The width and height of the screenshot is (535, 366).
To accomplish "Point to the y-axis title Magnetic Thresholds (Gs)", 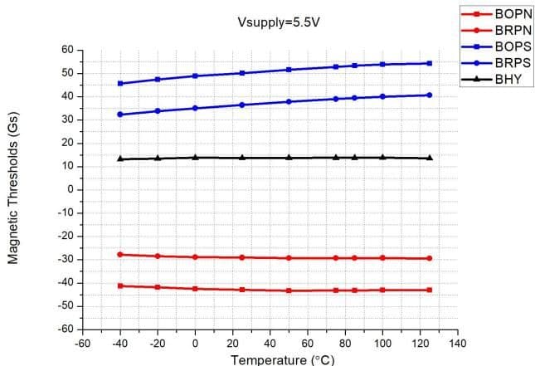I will pos(14,190).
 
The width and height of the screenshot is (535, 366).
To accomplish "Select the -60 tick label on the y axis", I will pos(66,329).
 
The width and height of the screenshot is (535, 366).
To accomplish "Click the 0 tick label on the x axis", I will pos(195,342).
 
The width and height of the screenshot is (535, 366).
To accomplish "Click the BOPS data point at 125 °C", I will pos(429,63).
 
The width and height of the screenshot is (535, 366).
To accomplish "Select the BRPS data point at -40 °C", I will pos(120,115).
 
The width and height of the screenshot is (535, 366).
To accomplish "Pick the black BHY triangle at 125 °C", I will pos(429,158).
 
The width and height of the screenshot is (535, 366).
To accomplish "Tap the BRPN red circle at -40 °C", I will pos(120,254).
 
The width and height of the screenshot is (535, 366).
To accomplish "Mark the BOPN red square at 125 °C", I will pos(429,290).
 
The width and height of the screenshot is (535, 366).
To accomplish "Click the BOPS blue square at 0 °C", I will pos(195,76).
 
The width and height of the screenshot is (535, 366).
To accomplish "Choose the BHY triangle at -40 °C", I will pos(120,159).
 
